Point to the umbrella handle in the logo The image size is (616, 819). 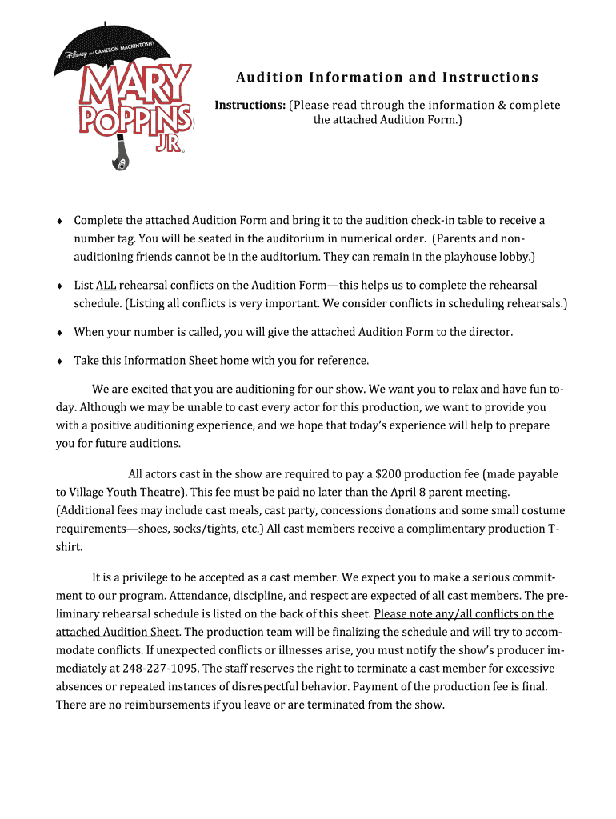(x=120, y=156)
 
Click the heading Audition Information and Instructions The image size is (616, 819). (x=387, y=78)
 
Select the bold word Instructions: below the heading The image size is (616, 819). (x=250, y=106)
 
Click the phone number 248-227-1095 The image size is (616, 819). (x=159, y=668)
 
